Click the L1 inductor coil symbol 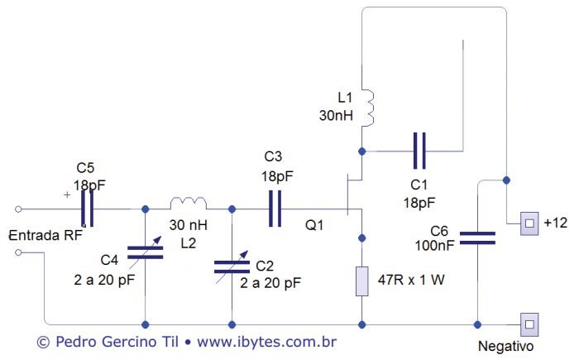click(370, 108)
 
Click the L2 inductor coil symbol click(189, 203)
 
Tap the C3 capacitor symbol click(275, 209)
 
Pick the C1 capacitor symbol click(421, 151)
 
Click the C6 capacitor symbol click(477, 238)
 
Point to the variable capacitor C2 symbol click(232, 266)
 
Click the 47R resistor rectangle click(361, 281)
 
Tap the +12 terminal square click(529, 223)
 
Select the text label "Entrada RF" click(45, 235)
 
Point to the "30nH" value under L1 click(337, 116)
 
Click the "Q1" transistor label click(316, 224)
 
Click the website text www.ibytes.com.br click(267, 341)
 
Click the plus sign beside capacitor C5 click(67, 195)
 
